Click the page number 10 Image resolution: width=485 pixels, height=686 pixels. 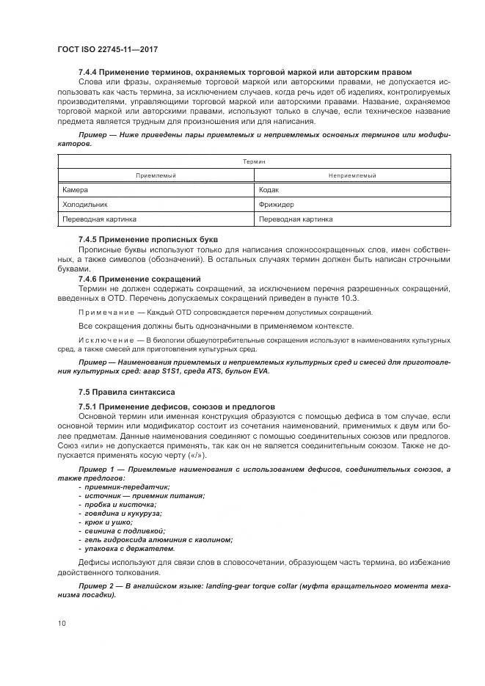coord(62,623)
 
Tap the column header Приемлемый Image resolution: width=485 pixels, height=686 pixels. coord(156,175)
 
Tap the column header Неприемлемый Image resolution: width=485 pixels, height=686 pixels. coord(353,175)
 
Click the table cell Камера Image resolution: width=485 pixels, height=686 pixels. coord(75,189)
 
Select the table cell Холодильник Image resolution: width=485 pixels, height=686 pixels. coord(86,204)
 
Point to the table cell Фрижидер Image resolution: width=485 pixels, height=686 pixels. coord(277,204)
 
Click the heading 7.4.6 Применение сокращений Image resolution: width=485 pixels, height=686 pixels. coord(139,279)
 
